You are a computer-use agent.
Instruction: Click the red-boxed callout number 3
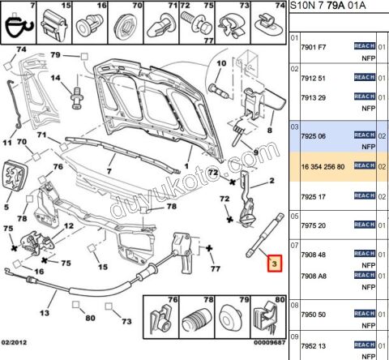point(275,264)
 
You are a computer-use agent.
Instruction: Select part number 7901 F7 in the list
point(314,49)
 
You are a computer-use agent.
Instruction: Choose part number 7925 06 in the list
point(314,135)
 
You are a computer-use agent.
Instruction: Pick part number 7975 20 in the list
point(314,225)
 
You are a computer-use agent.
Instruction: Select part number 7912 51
point(314,79)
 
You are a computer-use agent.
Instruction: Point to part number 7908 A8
point(314,276)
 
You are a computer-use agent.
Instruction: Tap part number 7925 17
point(314,195)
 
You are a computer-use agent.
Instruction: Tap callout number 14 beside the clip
point(58,79)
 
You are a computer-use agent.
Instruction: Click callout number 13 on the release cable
point(44,313)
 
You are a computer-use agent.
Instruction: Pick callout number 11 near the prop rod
point(6,144)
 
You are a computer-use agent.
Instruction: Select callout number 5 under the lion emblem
point(6,206)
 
